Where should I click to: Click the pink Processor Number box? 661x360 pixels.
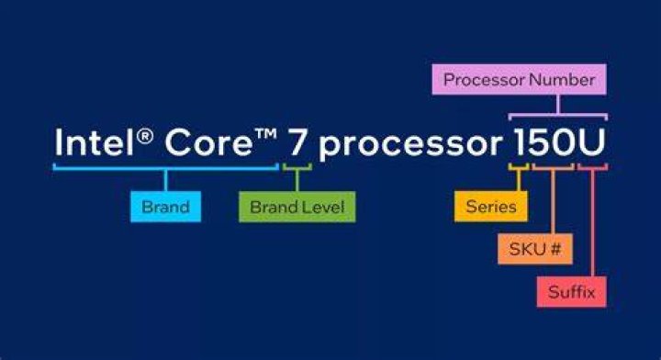(x=519, y=79)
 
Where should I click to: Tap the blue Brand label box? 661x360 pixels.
(x=165, y=207)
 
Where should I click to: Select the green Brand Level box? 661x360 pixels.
(x=297, y=207)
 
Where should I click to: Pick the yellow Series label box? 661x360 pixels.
(x=490, y=207)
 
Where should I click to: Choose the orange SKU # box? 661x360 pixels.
(x=535, y=249)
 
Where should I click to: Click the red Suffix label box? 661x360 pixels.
(x=572, y=292)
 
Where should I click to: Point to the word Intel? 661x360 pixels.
(x=95, y=142)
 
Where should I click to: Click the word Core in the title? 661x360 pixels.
(x=208, y=142)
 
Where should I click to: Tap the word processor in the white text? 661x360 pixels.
(x=410, y=145)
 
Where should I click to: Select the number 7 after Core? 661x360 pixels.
(x=297, y=142)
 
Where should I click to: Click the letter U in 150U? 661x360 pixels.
(x=590, y=142)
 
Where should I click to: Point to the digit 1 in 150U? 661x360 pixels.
(x=521, y=142)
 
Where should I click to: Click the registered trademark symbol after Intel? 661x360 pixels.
(x=145, y=136)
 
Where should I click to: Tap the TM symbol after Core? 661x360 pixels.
(x=265, y=134)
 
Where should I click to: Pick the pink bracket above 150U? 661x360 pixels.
(x=558, y=115)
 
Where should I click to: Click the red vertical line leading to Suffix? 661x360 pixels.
(x=593, y=223)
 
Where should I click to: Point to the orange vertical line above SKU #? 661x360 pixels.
(x=553, y=202)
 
